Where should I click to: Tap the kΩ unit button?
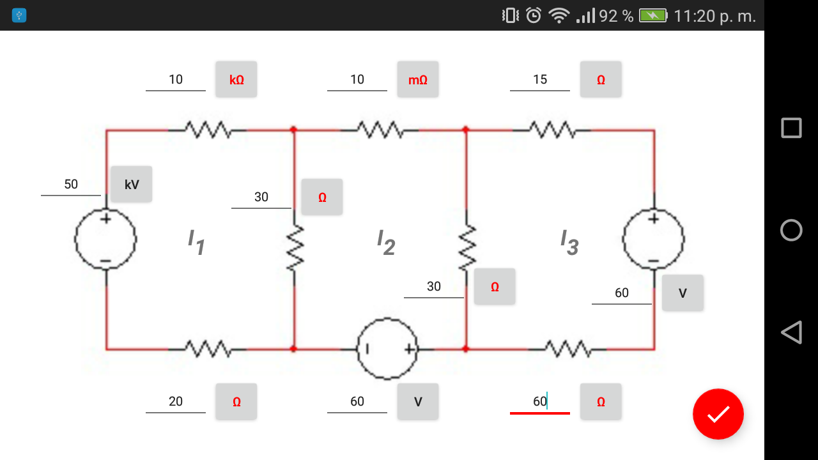coord(236,79)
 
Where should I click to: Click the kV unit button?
coord(131,185)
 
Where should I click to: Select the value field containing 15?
coord(540,80)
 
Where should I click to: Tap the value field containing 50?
coord(71,185)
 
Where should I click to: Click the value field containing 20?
coord(176,402)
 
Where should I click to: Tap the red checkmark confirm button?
coord(718,414)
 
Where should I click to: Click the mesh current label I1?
coord(196,243)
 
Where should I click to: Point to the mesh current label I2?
coord(386,243)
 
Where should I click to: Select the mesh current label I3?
coord(569,243)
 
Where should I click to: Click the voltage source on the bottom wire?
coord(387,349)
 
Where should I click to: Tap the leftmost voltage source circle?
coord(105,240)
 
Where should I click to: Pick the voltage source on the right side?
coord(654,239)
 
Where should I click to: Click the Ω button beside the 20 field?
coord(236,402)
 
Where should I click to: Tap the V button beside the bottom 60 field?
coord(418,402)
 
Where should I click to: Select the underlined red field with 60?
coord(540,402)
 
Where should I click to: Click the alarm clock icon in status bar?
coord(534,15)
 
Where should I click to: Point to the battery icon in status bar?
coord(652,15)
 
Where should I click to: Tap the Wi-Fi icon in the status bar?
coord(559,15)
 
